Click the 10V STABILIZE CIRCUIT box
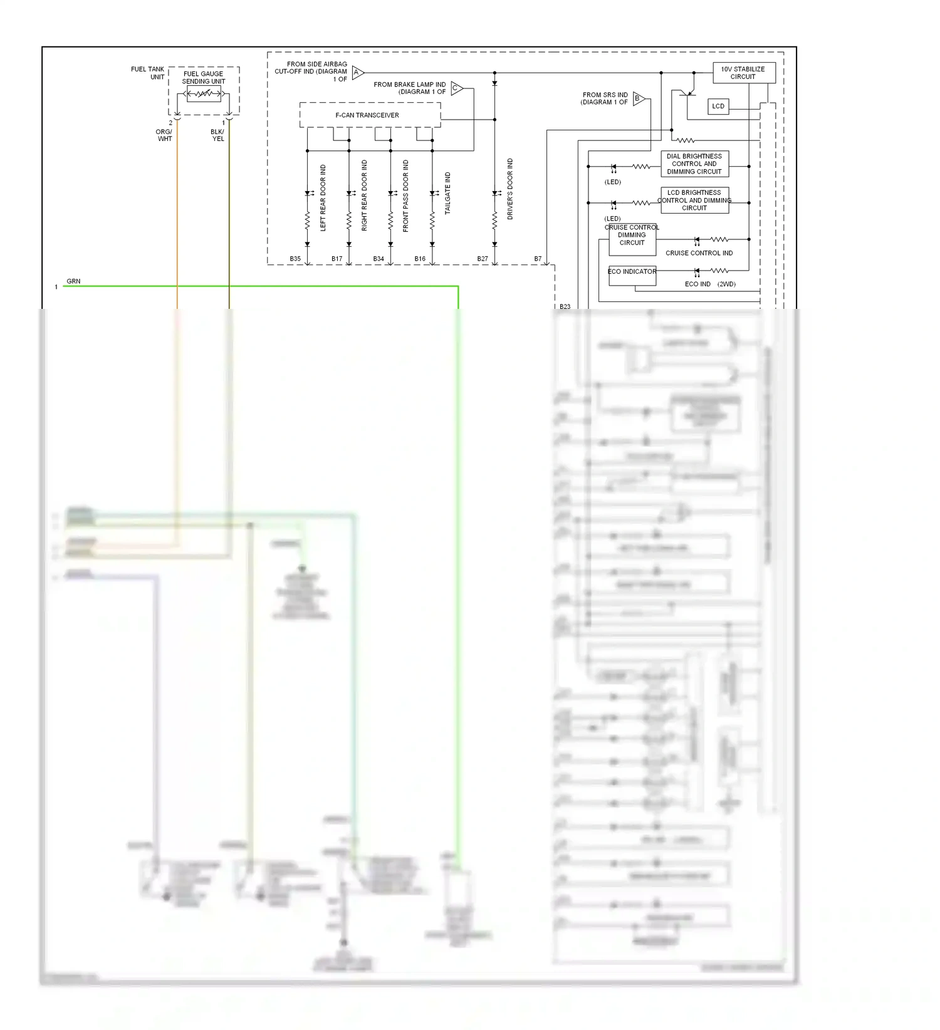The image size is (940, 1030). (x=743, y=73)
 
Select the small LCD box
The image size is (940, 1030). (x=718, y=107)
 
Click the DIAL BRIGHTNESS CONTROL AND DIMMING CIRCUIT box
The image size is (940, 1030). (x=694, y=164)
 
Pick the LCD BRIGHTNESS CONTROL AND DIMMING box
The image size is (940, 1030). (x=694, y=200)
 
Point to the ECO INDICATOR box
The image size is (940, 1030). (x=632, y=276)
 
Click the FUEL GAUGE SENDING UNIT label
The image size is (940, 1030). (x=204, y=78)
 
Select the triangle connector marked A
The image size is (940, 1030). (x=357, y=73)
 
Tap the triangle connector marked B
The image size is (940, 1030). (x=638, y=98)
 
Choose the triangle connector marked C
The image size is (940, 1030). (x=456, y=88)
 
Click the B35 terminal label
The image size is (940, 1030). (x=295, y=259)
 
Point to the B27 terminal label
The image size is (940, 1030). (x=483, y=259)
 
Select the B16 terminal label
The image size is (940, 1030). (x=420, y=259)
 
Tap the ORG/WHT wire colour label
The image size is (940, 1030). (x=164, y=135)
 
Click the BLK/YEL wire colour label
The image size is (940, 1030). (x=217, y=135)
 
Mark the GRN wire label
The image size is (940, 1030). (x=73, y=281)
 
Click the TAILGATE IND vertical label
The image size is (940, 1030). (x=447, y=194)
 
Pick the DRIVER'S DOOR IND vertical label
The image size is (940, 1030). (x=510, y=189)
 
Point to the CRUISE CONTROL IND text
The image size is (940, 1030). (x=699, y=253)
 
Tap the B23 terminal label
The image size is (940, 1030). (x=565, y=307)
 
